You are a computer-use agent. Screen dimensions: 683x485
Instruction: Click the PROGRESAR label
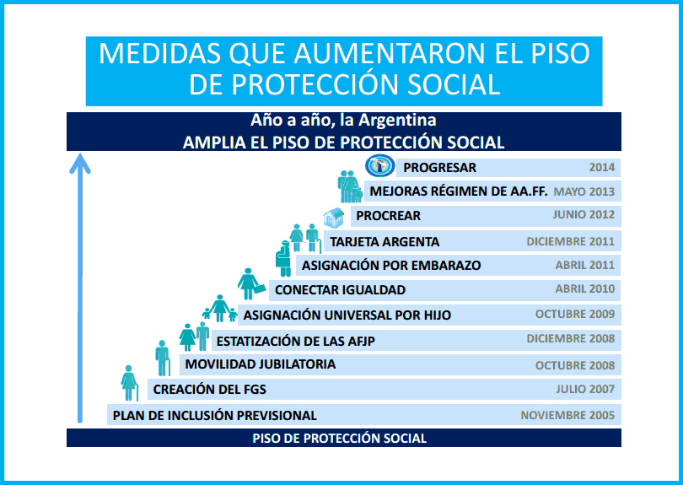(439, 168)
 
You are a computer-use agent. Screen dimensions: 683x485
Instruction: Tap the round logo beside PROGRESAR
(379, 166)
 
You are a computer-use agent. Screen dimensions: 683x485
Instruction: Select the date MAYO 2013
(584, 191)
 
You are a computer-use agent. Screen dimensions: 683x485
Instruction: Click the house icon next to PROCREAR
(334, 217)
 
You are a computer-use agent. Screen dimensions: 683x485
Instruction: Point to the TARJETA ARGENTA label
(385, 242)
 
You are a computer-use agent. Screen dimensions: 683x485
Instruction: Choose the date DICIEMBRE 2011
(570, 241)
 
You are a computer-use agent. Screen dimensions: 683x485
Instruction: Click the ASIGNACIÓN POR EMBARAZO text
(391, 266)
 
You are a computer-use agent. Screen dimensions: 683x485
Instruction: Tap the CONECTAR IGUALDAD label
(340, 290)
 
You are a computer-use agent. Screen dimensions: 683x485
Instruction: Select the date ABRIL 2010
(585, 288)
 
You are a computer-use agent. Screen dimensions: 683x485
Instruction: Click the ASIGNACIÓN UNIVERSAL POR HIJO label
(347, 315)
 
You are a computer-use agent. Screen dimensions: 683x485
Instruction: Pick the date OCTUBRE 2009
(575, 314)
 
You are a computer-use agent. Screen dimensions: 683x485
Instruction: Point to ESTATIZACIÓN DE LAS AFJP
(296, 342)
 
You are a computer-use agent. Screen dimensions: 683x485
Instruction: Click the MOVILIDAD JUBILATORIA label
(260, 364)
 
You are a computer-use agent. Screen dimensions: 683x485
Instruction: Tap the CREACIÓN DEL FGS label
(209, 390)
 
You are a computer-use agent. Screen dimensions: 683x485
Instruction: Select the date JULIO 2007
(585, 389)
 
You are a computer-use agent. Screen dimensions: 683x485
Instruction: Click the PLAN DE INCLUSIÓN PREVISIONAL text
(215, 416)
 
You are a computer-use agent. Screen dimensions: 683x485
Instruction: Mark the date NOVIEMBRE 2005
(567, 415)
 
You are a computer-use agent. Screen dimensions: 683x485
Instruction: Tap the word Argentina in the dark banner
(397, 121)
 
